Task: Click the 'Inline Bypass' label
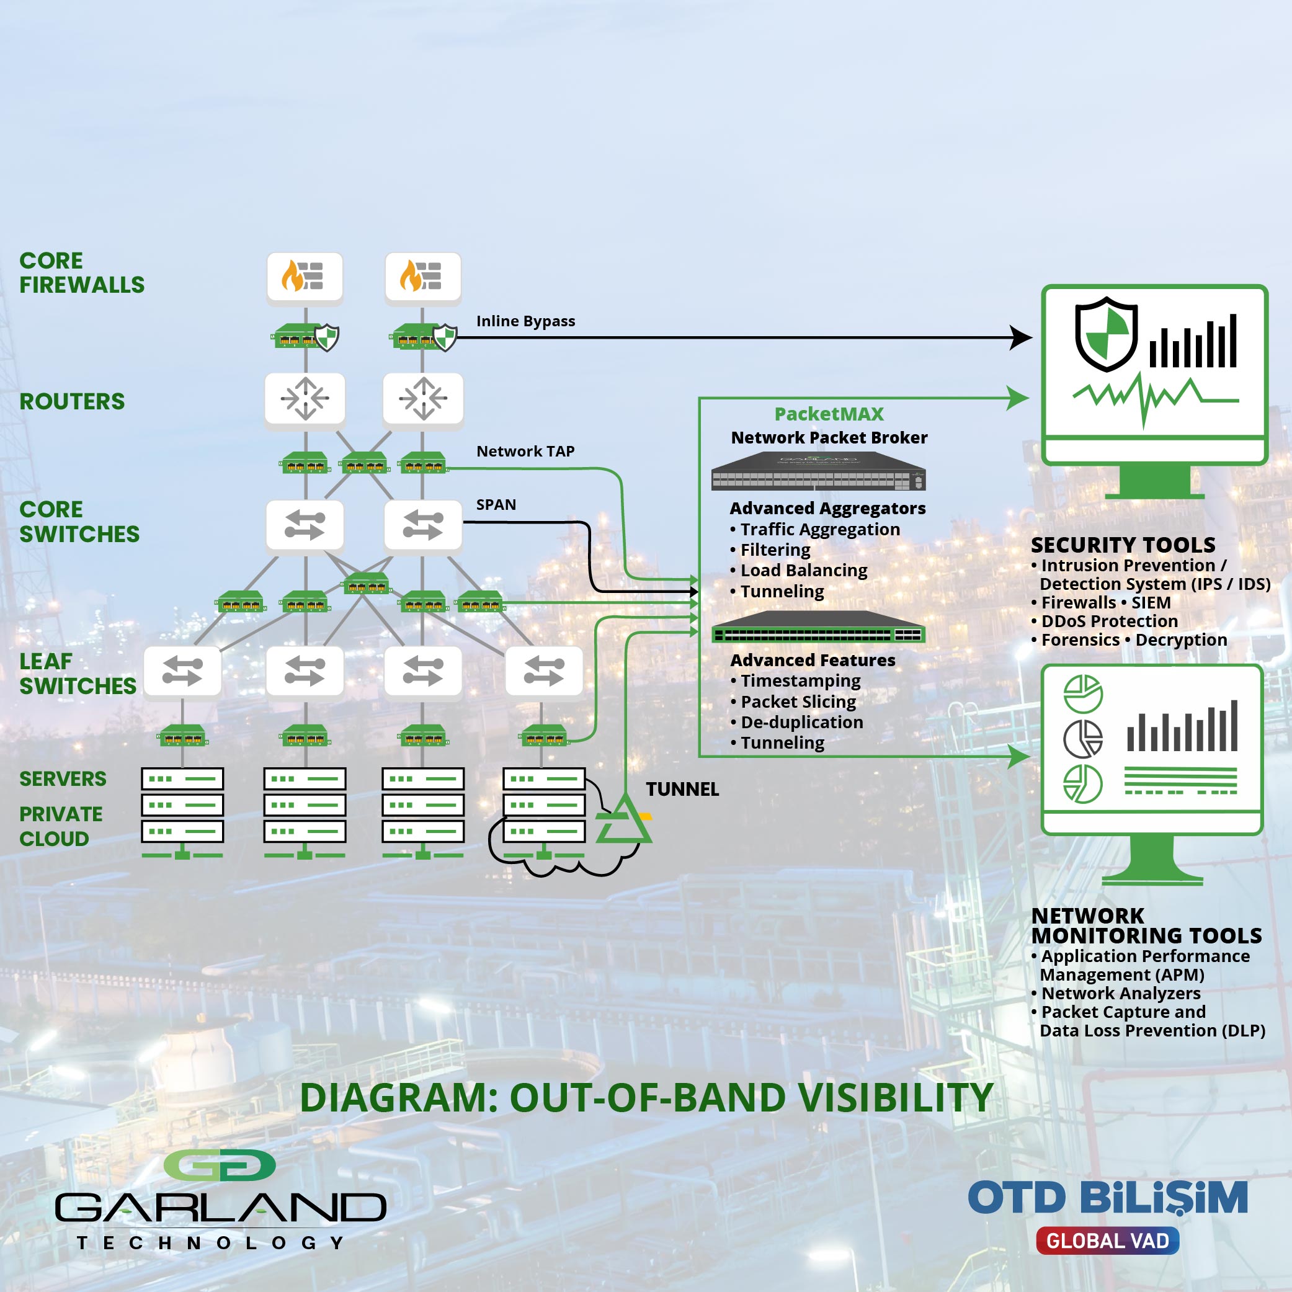[525, 321]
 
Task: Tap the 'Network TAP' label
[525, 452]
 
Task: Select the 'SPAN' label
[496, 505]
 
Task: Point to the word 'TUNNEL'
[682, 789]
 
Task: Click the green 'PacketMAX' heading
[829, 414]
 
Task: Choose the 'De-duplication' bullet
[796, 722]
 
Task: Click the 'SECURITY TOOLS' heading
[1123, 545]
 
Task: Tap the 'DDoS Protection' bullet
[1104, 621]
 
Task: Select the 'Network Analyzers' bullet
[1115, 994]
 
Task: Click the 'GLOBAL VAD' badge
[1107, 1241]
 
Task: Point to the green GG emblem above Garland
[220, 1165]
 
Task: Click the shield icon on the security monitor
[1106, 334]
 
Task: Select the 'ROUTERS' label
[72, 401]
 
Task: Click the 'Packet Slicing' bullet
[793, 702]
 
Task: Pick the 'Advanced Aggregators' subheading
[827, 508]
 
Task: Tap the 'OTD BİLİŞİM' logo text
[1107, 1197]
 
